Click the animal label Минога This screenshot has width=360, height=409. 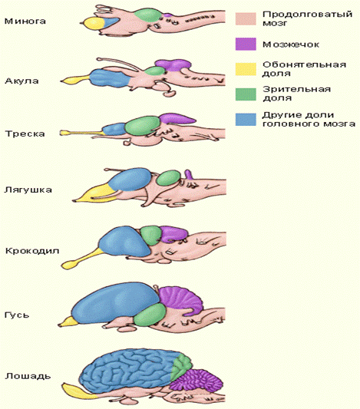point(25,21)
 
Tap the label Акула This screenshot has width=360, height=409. point(22,81)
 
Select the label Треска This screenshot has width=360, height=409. point(25,134)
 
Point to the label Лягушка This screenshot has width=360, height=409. point(28,190)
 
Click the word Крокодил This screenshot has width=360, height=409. point(32,251)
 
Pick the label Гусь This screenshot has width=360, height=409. point(17,315)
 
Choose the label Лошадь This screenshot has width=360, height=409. point(28,376)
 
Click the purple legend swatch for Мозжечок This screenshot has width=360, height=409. point(246,44)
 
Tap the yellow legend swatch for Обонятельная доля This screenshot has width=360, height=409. point(246,69)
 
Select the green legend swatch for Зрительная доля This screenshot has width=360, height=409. point(246,94)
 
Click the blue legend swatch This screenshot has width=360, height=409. point(246,120)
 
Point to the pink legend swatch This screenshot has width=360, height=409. point(246,19)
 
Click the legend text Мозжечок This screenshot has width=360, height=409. point(291,45)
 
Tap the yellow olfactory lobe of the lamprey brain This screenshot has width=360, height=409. point(94,24)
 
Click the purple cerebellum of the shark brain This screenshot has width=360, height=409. point(173,64)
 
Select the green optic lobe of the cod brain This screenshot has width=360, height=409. point(142,126)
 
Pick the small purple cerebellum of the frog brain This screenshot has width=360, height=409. point(189,174)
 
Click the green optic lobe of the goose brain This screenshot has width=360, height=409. point(150,315)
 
